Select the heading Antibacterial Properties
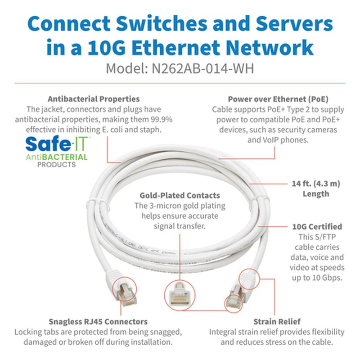pyautogui.click(x=94, y=99)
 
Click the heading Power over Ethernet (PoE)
pyautogui.click(x=278, y=99)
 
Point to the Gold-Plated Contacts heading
pyautogui.click(x=180, y=195)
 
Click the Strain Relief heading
pyautogui.click(x=277, y=321)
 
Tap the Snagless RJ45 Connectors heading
pyautogui.click(x=98, y=321)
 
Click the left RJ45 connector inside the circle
pyautogui.click(x=122, y=290)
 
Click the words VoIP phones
pyautogui.click(x=278, y=139)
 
